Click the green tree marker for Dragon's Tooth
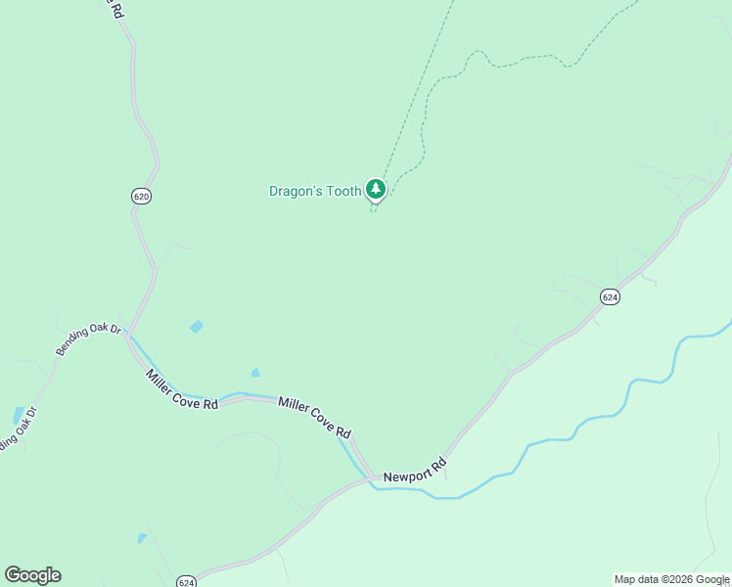(375, 189)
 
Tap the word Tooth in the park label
(343, 192)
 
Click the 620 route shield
(141, 197)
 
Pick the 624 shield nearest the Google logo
(187, 582)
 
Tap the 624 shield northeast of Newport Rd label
(610, 296)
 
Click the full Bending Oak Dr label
(87, 340)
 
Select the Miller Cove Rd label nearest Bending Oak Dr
(181, 388)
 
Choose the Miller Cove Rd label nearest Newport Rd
(314, 418)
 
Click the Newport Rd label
(414, 470)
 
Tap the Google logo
(32, 575)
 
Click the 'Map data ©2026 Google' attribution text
(671, 579)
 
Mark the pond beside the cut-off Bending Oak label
(19, 415)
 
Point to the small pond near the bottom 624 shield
(142, 538)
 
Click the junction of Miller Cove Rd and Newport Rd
(370, 477)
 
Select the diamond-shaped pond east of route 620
(197, 326)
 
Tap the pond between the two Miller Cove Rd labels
(255, 372)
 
